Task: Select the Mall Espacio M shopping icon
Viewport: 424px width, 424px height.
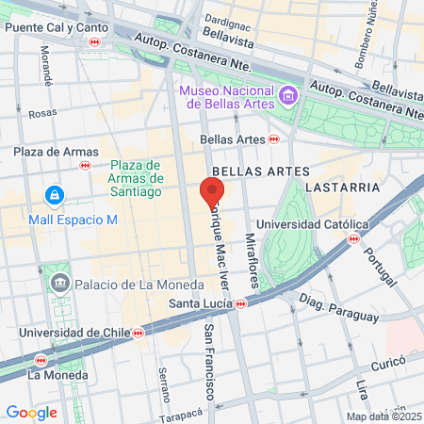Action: (55, 196)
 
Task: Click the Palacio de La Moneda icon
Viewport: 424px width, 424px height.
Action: (60, 283)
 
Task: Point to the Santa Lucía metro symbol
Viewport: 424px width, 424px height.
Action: (241, 303)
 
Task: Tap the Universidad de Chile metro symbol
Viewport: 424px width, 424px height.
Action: (139, 333)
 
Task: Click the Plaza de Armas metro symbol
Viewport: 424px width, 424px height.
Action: (86, 166)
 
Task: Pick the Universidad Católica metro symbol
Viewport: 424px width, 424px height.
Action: (354, 238)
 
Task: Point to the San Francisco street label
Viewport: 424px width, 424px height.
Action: (209, 362)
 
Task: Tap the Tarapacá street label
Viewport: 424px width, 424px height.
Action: (182, 413)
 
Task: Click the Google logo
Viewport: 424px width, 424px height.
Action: (31, 412)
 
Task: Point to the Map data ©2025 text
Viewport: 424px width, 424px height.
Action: (383, 416)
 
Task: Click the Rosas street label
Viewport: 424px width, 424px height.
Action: (42, 113)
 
